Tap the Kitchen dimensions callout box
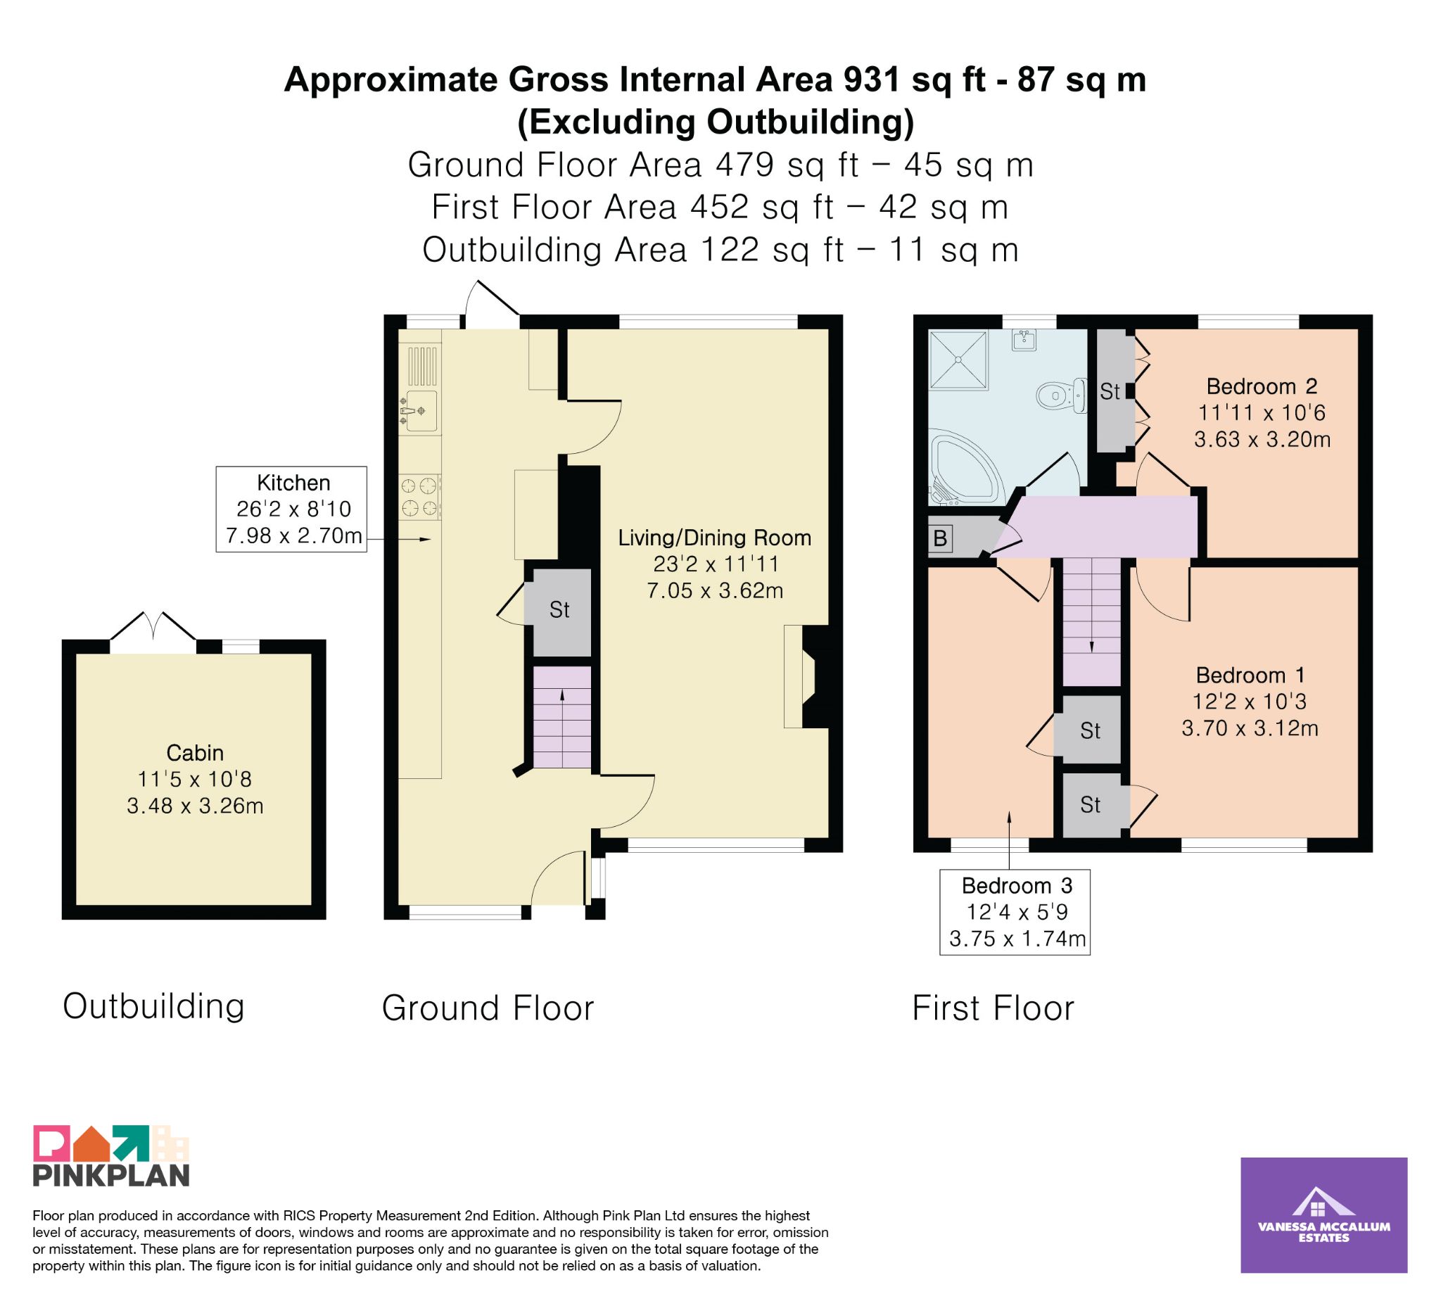[291, 509]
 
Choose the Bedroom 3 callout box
[1015, 912]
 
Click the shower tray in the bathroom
[958, 360]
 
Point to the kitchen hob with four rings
[419, 497]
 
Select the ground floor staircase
[561, 717]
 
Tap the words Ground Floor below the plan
[488, 1008]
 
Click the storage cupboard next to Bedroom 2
[1114, 391]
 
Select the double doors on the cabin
[152, 626]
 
